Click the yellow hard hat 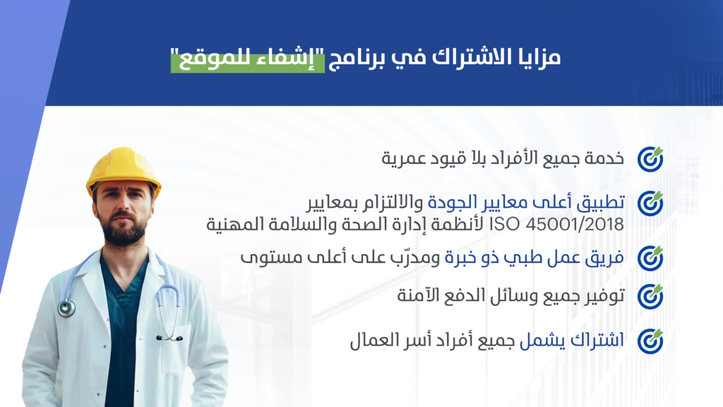[x=124, y=171]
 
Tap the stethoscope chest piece [x=66, y=308]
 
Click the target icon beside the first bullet [x=650, y=159]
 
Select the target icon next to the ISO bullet [x=650, y=203]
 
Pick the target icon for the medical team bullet [x=650, y=259]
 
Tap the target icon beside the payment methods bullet [x=650, y=296]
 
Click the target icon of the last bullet [x=650, y=341]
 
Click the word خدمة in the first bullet [x=604, y=158]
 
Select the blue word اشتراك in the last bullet [x=597, y=341]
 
